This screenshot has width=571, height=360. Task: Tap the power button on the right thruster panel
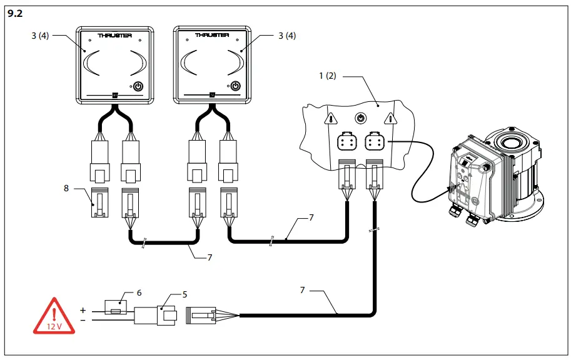pyautogui.click(x=235, y=86)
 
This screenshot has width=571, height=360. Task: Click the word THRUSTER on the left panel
pyautogui.click(x=114, y=36)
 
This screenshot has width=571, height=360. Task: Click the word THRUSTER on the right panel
pyautogui.click(x=211, y=36)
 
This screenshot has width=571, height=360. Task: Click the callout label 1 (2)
pyautogui.click(x=328, y=76)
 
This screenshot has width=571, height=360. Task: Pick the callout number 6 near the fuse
pyautogui.click(x=139, y=292)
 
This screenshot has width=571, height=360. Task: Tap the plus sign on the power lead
pyautogui.click(x=82, y=310)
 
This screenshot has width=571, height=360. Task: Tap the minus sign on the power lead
pyautogui.click(x=82, y=320)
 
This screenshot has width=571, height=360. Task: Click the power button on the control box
pyautogui.click(x=360, y=117)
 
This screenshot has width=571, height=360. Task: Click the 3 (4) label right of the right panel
pyautogui.click(x=286, y=36)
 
